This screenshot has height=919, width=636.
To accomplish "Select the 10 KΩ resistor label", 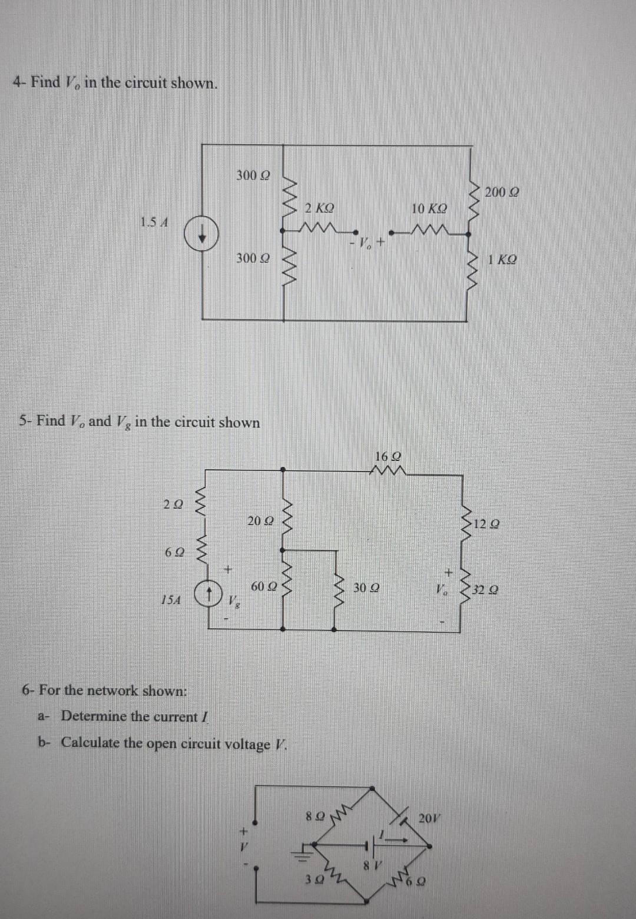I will click(x=429, y=209).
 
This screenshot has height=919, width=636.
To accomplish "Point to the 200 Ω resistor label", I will click(x=502, y=192).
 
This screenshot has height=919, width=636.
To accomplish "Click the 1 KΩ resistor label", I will click(x=502, y=260).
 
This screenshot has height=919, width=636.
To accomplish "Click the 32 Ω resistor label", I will click(x=488, y=589).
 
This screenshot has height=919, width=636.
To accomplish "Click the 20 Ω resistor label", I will click(x=260, y=520).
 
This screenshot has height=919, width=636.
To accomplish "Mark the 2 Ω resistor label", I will click(x=173, y=505).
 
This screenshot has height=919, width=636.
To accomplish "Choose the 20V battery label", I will click(x=429, y=818).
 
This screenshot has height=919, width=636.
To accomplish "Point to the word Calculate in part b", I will click(x=97, y=742).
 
